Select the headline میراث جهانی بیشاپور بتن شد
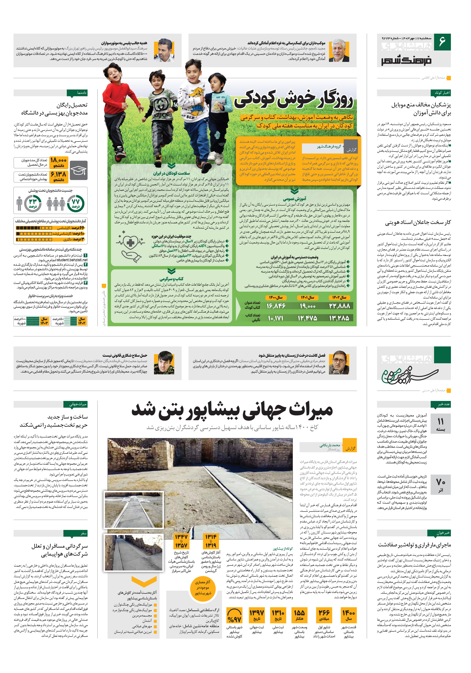coord(232,410)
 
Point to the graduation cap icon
coord(79,170)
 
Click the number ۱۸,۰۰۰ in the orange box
coord(59,162)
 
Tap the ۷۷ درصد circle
coord(76,203)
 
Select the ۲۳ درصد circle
coord(33,203)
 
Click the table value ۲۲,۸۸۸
coord(339,306)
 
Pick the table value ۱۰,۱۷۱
coord(276,318)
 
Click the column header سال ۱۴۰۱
coord(307,297)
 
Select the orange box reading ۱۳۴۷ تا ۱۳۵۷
coord(181,541)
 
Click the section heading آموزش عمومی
coord(295,199)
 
